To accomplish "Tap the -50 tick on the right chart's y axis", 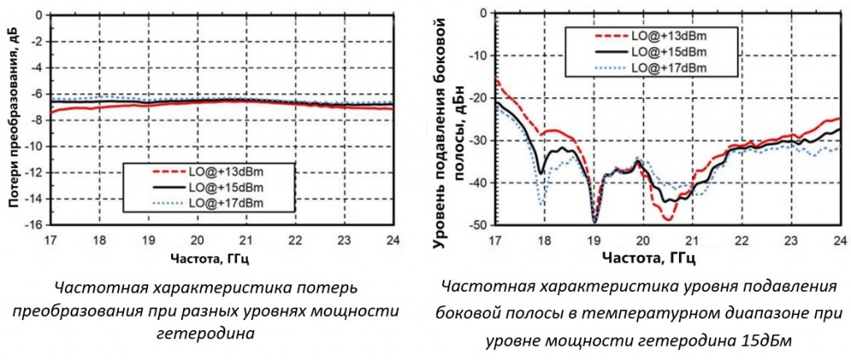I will (477, 225).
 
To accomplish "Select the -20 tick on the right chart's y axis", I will (477, 97).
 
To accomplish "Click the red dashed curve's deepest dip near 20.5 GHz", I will (667, 219).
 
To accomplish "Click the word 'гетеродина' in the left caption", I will (196, 333).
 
